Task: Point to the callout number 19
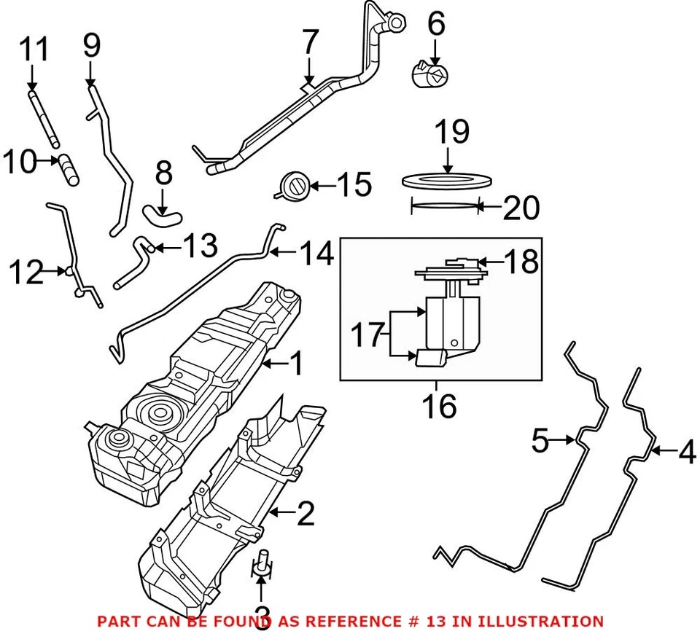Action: [x=451, y=133]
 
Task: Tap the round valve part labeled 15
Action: [x=295, y=187]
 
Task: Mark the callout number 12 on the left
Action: [x=26, y=272]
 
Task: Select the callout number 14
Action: [x=316, y=254]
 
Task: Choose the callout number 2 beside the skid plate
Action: [x=306, y=514]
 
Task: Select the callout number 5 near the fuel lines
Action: [x=539, y=440]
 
